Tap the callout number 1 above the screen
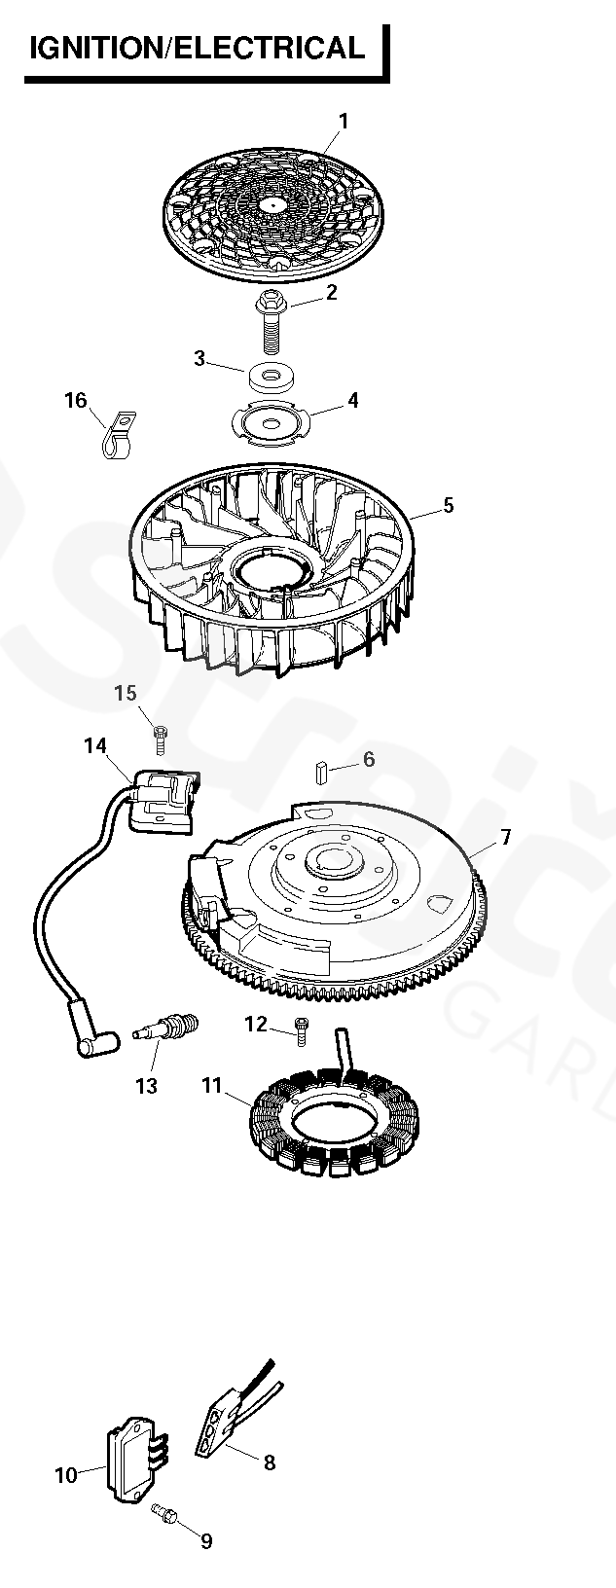pyautogui.click(x=343, y=122)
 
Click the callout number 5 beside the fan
pyautogui.click(x=448, y=505)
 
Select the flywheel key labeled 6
pyautogui.click(x=319, y=771)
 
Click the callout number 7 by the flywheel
pyautogui.click(x=505, y=837)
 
